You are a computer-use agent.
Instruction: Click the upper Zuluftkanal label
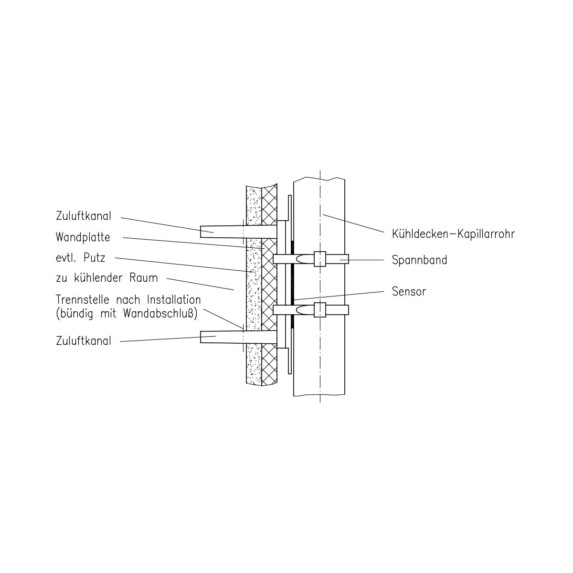click(x=84, y=216)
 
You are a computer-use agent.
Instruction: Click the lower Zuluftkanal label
click(x=84, y=341)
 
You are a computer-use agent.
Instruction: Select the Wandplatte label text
click(x=83, y=237)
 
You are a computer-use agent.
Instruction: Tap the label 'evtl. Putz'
click(x=81, y=257)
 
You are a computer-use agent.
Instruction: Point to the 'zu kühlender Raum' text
click(x=107, y=278)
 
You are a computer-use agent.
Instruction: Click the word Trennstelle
click(x=83, y=299)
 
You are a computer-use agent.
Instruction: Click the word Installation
click(x=174, y=299)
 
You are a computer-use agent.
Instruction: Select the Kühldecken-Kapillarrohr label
click(x=454, y=234)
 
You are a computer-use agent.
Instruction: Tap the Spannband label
click(x=420, y=260)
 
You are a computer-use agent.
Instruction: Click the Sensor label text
click(x=409, y=291)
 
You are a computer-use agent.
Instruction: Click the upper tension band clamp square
click(x=320, y=259)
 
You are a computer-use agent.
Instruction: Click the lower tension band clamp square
click(x=320, y=310)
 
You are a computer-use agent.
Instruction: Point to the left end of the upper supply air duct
click(x=201, y=232)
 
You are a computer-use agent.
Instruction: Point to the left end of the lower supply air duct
click(x=201, y=337)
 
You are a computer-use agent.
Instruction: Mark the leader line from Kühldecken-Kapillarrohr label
click(x=353, y=223)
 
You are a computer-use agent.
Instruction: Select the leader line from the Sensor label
click(x=339, y=296)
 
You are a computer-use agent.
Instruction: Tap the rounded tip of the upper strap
click(x=297, y=259)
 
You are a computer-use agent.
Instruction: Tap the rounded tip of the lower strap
click(x=297, y=310)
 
